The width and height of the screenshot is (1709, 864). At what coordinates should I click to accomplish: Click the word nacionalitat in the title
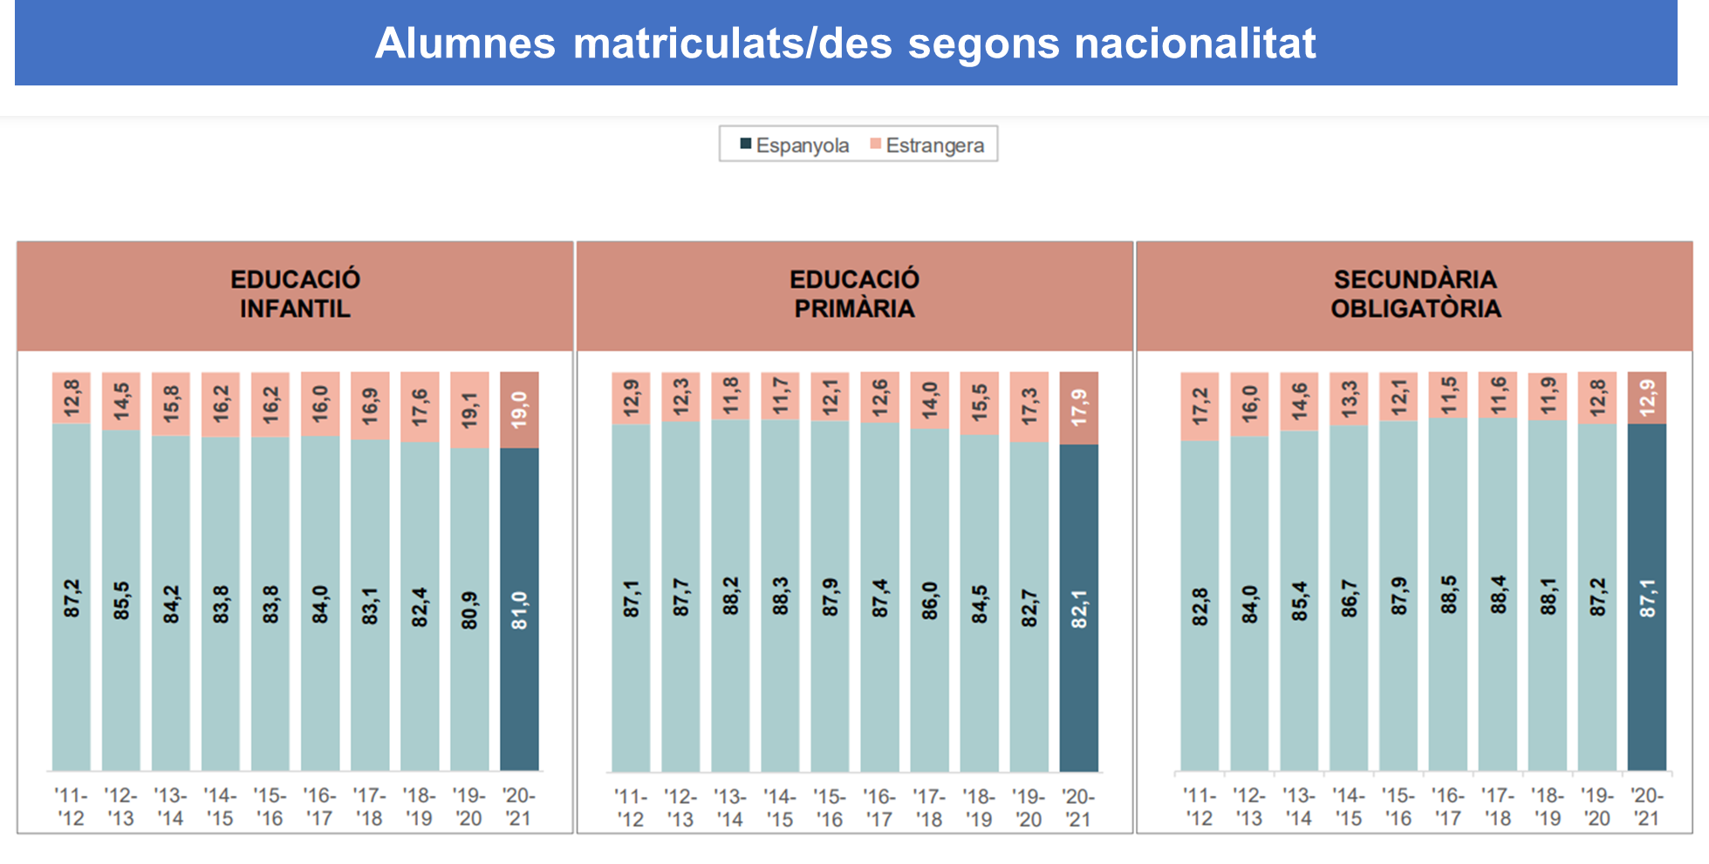pos(1194,44)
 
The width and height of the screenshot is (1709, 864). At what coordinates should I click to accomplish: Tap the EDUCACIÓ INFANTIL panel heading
pos(295,294)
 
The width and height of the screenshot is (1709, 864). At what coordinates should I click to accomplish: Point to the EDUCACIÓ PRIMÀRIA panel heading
pos(854,294)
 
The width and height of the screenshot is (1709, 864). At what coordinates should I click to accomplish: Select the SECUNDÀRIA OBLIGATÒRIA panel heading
pos(1415,294)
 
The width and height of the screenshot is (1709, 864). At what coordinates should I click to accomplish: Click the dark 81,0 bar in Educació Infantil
pos(519,609)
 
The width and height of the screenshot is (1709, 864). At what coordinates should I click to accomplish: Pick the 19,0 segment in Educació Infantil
pos(519,410)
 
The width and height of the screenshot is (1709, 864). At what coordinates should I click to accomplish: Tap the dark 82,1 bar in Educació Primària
pos(1079,608)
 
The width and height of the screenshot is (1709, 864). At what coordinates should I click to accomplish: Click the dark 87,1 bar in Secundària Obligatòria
pos(1647,597)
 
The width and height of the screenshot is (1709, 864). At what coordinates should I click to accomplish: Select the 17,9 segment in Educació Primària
pos(1079,408)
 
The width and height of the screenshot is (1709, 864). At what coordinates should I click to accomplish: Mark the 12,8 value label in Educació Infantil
pos(72,398)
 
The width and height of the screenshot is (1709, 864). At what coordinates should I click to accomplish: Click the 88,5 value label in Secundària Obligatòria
pos(1448,595)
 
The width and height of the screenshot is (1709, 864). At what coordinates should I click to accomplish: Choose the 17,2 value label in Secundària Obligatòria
pos(1200,406)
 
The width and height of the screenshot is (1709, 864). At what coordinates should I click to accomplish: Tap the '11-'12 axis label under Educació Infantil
pos(71,806)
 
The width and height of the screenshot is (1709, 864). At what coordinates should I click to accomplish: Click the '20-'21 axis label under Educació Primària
pos(1079,807)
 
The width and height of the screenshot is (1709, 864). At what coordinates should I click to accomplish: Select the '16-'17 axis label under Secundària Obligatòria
pos(1448,807)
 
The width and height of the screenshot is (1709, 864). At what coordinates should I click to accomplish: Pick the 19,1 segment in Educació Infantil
pos(469,410)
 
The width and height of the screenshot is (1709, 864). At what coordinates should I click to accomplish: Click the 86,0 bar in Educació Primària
pos(930,600)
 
